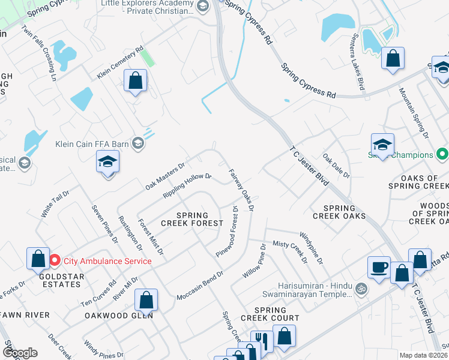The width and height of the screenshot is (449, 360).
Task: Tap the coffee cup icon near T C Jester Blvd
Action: [x=378, y=268]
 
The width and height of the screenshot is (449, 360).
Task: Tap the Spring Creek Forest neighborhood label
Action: [x=184, y=219]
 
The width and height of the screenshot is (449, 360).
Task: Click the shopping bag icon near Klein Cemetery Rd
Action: [x=136, y=80]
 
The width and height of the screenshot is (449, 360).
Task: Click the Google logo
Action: [x=20, y=353]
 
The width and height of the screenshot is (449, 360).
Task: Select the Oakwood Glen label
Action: [x=118, y=315]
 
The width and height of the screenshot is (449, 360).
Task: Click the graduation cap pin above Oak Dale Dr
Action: [x=382, y=145]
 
